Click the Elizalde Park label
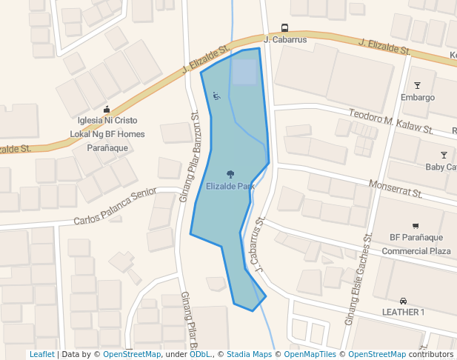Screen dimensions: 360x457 click(230, 186)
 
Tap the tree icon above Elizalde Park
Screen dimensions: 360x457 click(230, 174)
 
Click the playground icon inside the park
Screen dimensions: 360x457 click(216, 96)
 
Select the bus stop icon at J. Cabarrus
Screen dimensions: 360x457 click(285, 27)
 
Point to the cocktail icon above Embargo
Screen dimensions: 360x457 click(417, 85)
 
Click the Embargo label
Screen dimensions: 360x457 click(417, 98)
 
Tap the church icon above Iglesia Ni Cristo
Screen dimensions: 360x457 click(107, 109)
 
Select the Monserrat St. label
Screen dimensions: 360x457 click(396, 188)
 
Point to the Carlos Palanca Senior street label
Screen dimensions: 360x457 click(115, 210)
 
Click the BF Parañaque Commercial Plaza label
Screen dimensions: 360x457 click(416, 244)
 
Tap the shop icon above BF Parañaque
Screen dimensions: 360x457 click(416, 225)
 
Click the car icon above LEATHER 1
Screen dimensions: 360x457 click(403, 301)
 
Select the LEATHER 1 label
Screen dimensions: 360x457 click(403, 313)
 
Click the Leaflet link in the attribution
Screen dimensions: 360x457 click(41, 355)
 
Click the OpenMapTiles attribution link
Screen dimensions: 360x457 click(311, 355)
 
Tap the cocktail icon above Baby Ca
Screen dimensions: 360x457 click(444, 155)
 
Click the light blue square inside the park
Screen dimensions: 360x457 click(244, 72)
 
